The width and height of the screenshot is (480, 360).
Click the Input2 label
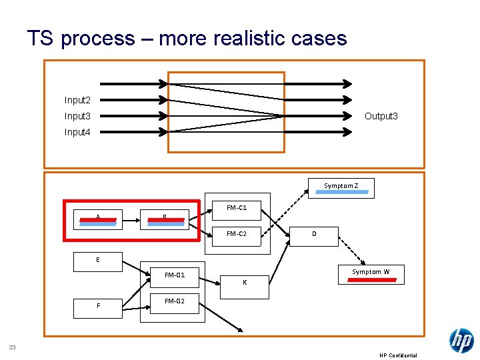77,100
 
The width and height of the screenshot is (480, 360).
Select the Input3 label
77,116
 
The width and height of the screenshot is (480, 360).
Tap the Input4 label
77,132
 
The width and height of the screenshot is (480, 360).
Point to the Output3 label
381,116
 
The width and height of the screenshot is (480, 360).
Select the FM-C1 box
236,208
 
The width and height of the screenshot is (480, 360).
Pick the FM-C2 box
236,234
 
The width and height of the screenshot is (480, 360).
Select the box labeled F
98,305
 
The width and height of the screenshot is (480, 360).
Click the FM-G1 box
174,275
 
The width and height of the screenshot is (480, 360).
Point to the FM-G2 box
174,301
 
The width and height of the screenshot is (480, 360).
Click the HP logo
461,341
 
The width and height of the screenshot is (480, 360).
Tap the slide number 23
11,347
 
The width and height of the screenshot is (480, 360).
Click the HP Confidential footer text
398,355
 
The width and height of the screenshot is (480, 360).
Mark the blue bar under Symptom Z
341,192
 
